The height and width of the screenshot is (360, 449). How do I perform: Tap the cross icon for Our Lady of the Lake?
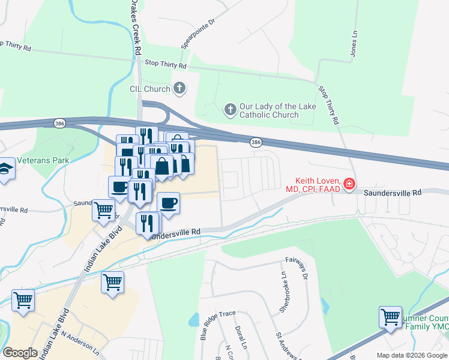tap(230, 109)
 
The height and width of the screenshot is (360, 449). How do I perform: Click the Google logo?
tap(20, 353)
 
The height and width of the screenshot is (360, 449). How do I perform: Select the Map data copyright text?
tap(412, 355)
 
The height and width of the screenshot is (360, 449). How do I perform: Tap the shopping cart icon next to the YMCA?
tap(390, 316)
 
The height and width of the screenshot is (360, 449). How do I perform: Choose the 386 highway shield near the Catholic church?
tap(256, 142)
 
